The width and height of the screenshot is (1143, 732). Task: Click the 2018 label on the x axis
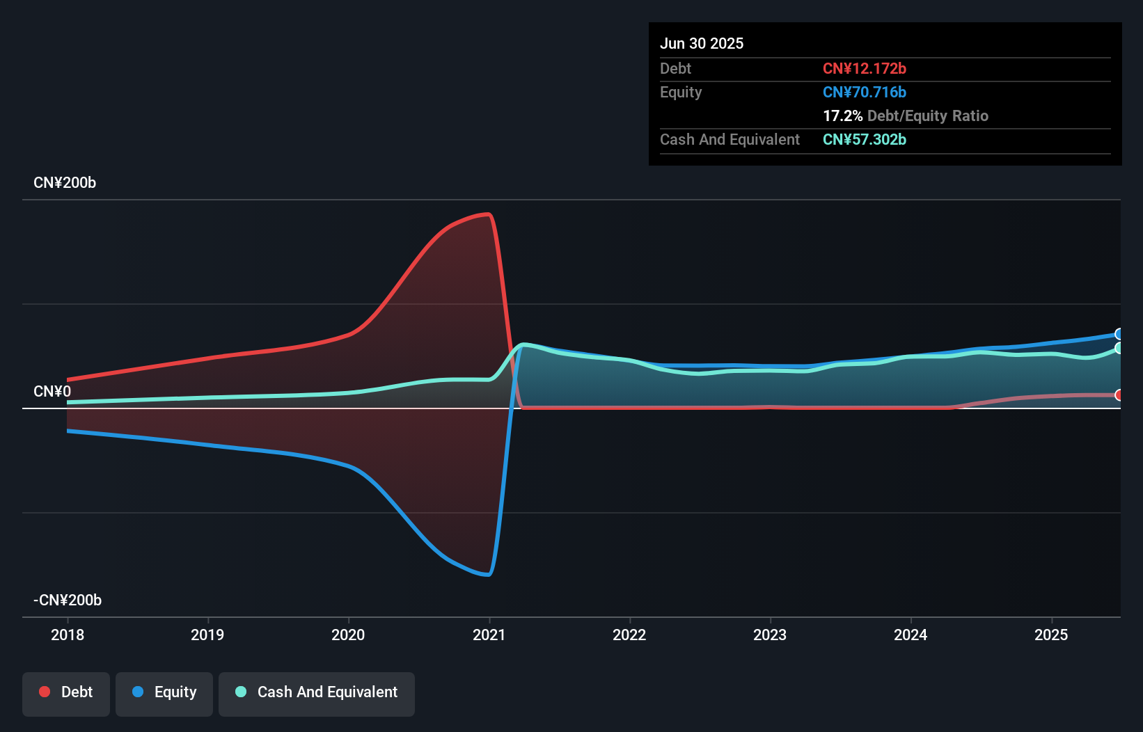pos(68,635)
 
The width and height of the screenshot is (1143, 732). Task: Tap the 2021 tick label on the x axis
pos(489,635)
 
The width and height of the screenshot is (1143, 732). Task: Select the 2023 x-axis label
pos(770,635)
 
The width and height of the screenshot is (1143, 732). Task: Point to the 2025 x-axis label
pos(1051,635)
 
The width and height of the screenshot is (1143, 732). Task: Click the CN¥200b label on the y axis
pos(65,183)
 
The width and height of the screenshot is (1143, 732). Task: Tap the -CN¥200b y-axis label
pos(68,600)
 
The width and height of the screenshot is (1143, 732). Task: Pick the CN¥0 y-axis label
pos(52,392)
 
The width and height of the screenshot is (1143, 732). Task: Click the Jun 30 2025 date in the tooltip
pos(702,43)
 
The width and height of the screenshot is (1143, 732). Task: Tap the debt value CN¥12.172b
pos(865,68)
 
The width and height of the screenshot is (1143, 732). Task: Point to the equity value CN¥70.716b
pos(865,92)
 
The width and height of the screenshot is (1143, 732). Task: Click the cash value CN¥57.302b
pos(865,139)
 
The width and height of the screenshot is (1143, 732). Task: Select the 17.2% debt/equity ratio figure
pos(843,116)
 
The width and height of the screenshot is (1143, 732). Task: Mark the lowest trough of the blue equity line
pos(489,575)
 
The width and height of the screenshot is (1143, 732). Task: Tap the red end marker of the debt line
pos(1119,395)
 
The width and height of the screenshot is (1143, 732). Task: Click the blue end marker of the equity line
pos(1119,334)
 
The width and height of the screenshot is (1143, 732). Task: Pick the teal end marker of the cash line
pos(1119,348)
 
